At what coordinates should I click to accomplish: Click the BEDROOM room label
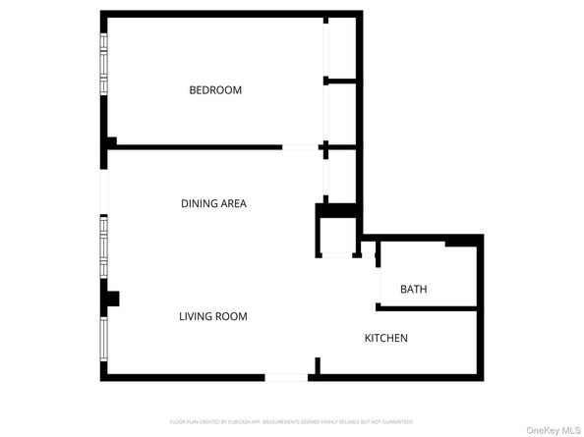tap(215, 90)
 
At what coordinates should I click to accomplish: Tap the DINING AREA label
tap(213, 204)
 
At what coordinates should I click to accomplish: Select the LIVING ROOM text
tap(212, 316)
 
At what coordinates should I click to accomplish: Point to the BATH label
tap(413, 290)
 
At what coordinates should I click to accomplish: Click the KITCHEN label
tap(386, 339)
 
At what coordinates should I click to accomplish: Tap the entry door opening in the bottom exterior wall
tap(285, 377)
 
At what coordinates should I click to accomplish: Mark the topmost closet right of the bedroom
tap(340, 47)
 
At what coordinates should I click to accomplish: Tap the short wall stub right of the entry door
tap(317, 367)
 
